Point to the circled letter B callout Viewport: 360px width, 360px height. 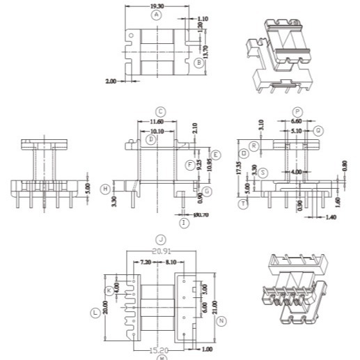[x=199, y=63]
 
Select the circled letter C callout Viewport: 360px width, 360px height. [x=160, y=111]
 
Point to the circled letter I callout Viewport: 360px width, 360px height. [x=184, y=223]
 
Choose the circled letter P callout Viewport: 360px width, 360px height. [x=297, y=111]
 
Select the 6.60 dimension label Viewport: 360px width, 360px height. [x=297, y=120]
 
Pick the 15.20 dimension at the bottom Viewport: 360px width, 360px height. [x=160, y=350]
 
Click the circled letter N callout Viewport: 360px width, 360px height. [x=221, y=321]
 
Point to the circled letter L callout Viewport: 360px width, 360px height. [x=95, y=313]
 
